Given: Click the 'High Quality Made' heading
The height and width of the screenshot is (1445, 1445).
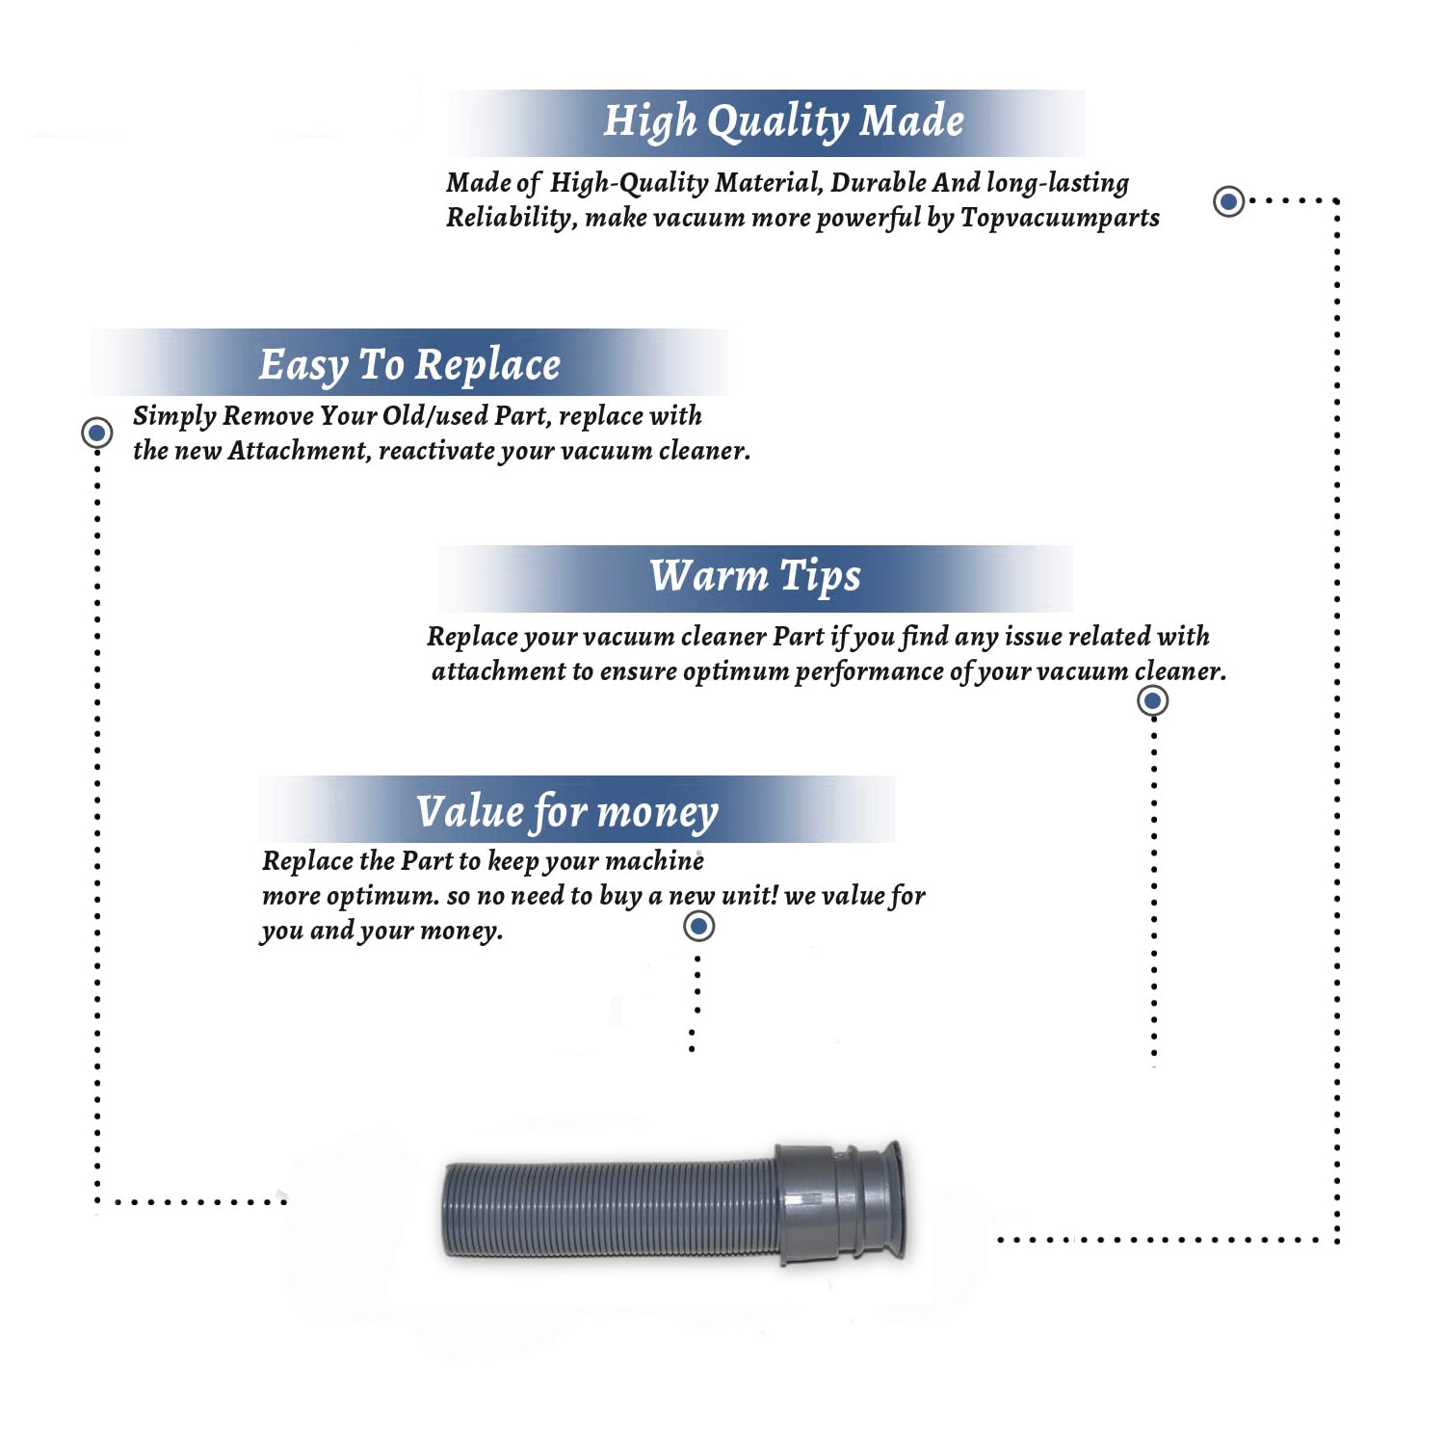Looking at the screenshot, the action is [x=783, y=121].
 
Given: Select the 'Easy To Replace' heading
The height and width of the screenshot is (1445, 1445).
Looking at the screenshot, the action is [x=409, y=365].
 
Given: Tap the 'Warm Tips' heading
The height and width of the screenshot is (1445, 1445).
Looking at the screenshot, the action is [x=755, y=576].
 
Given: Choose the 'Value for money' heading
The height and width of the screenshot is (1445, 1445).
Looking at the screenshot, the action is [x=567, y=811].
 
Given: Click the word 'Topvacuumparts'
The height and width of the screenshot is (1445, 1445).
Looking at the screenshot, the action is [x=1060, y=219].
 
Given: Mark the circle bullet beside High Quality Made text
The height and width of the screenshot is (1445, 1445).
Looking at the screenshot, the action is [x=1228, y=201].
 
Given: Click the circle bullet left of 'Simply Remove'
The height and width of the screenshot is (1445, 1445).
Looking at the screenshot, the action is [x=96, y=433].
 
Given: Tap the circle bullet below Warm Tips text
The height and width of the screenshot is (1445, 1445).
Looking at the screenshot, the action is [x=1152, y=700].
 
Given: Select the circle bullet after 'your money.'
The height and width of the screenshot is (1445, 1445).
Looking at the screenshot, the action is [x=698, y=927].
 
